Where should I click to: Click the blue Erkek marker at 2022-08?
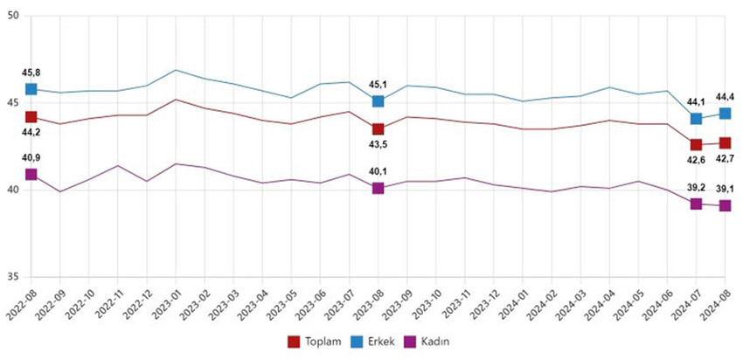pyautogui.click(x=31, y=89)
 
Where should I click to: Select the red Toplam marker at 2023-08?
pyautogui.click(x=378, y=129)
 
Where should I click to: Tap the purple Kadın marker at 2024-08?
pyautogui.click(x=725, y=205)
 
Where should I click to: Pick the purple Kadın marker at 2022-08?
pyautogui.click(x=31, y=175)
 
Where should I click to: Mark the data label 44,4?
pyautogui.click(x=726, y=97)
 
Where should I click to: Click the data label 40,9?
pyautogui.click(x=31, y=158)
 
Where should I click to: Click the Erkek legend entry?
pyautogui.click(x=376, y=341)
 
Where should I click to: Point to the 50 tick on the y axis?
pyautogui.click(x=12, y=17)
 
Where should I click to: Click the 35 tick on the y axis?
pyautogui.click(x=12, y=276)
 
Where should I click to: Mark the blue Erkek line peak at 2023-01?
pyautogui.click(x=176, y=70)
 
